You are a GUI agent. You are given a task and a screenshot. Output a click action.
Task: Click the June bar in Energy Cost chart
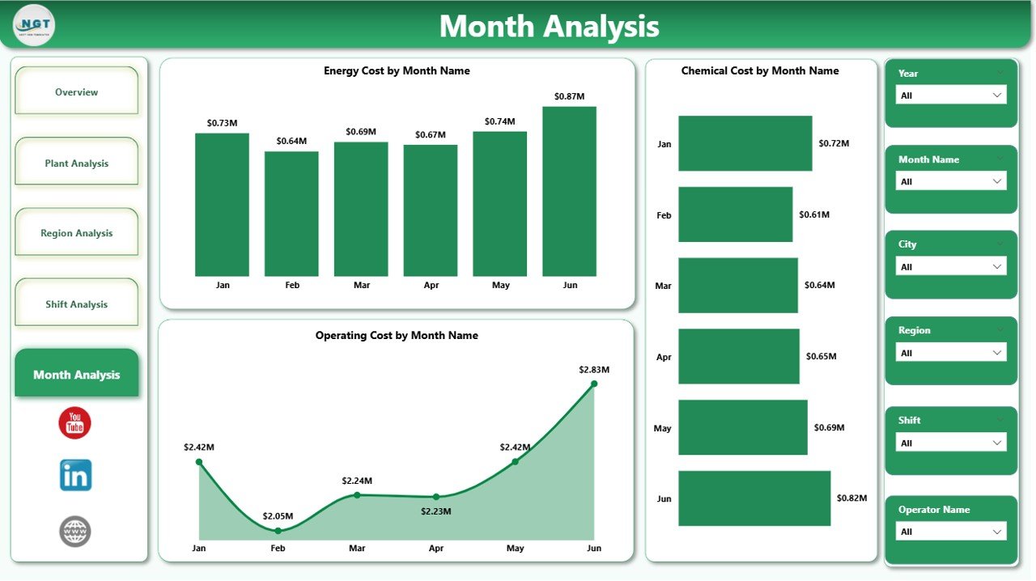pos(569,192)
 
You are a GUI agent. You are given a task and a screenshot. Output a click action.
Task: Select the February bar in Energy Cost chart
pos(291,214)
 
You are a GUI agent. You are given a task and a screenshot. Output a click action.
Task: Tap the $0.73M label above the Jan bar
pos(222,123)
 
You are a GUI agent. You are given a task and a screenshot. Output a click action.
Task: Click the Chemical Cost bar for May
pos(742,427)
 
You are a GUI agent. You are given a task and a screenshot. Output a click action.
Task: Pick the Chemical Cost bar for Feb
pos(735,214)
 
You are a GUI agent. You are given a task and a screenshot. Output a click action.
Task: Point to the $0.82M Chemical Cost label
pos(851,498)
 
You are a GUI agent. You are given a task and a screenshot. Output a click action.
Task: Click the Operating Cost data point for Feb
pos(278,531)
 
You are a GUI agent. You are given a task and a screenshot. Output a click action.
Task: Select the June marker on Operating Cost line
pos(594,384)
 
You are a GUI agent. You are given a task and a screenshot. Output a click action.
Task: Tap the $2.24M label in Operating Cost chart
pos(357,481)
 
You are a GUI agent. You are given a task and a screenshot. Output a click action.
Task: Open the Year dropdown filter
pos(951,95)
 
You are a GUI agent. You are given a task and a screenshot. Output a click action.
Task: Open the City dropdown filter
pos(951,267)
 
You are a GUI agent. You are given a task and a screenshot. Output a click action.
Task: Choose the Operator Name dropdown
pos(951,532)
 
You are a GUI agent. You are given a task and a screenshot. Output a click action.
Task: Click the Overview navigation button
pos(77,92)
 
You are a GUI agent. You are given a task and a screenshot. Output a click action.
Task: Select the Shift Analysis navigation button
pos(77,304)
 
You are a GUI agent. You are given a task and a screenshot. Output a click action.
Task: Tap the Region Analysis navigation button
pos(77,233)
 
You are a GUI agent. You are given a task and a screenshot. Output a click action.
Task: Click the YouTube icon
pos(75,423)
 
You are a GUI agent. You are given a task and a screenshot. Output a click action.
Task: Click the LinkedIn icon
pos(75,476)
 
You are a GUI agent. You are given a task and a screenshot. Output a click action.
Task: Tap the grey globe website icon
pos(75,532)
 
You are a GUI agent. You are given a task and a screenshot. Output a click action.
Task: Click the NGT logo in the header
pos(34,25)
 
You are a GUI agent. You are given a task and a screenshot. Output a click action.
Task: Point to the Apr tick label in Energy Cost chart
pos(431,285)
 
